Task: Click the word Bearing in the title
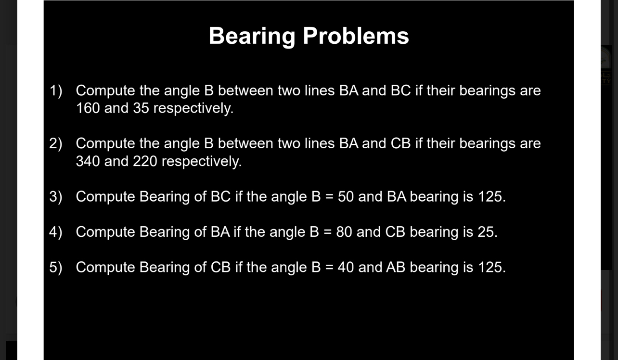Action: coord(252,36)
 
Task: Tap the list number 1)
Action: coord(56,90)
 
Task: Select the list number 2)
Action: coord(56,143)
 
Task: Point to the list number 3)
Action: coord(56,196)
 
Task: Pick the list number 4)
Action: coord(56,231)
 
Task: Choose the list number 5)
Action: coord(56,267)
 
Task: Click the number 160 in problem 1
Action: coord(88,108)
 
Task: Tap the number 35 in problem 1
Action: coord(141,108)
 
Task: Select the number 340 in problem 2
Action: coord(88,161)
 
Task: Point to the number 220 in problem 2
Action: coord(145,161)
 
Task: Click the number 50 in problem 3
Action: coord(346,196)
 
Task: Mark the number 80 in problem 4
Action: coord(344,231)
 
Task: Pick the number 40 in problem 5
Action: coord(346,267)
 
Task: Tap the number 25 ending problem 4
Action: coord(487,231)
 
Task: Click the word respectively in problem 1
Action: coord(193,108)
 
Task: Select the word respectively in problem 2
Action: coord(201,161)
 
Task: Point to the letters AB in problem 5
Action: coord(395,267)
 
